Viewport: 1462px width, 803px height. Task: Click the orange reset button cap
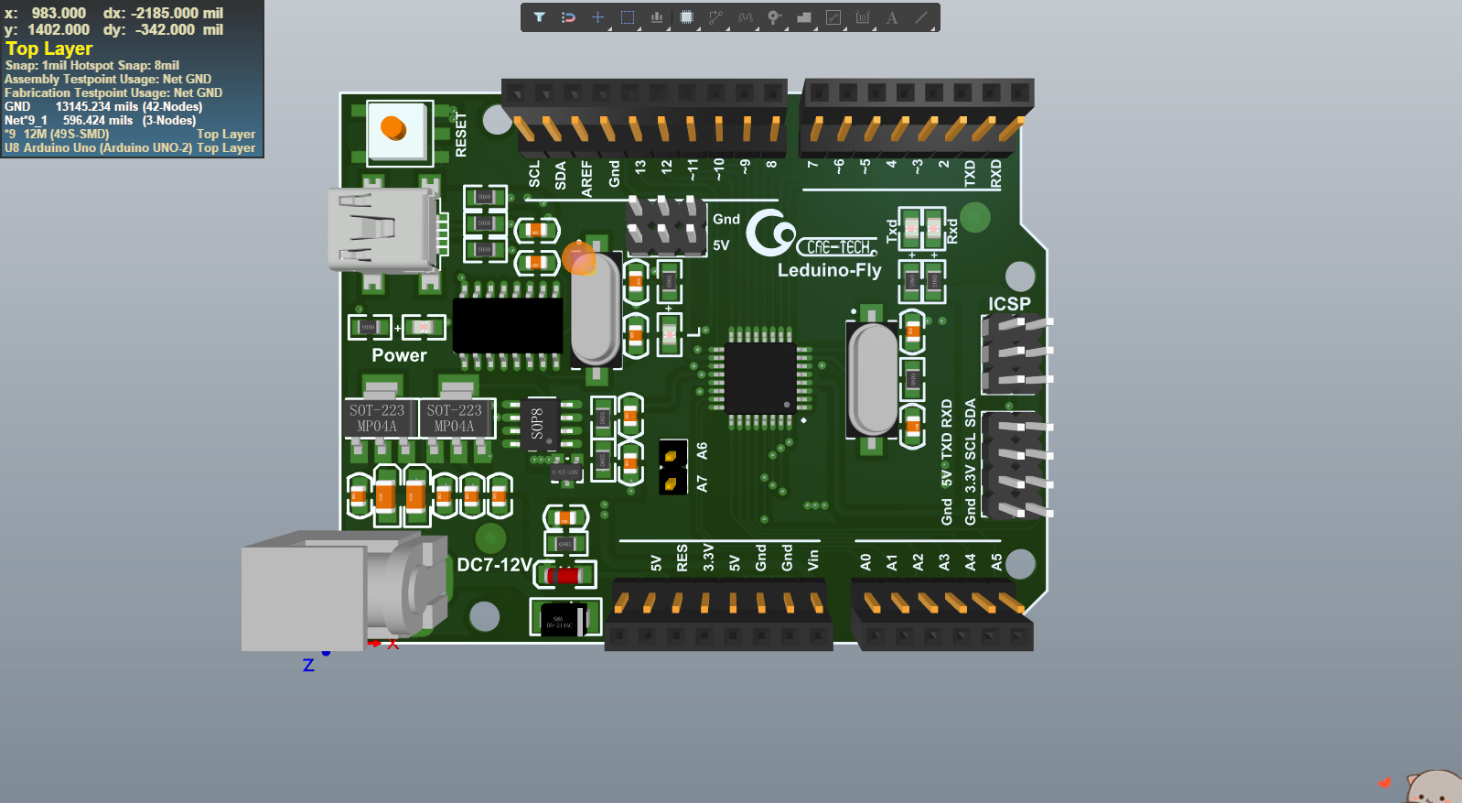[x=393, y=128]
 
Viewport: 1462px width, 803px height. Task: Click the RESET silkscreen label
[x=460, y=135]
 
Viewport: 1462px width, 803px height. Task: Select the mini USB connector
[x=382, y=230]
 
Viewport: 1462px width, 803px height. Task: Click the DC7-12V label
[x=494, y=565]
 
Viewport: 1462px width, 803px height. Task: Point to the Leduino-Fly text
[x=829, y=270]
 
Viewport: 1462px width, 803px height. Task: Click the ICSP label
[x=1008, y=303]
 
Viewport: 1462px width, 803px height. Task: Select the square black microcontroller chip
[x=760, y=377]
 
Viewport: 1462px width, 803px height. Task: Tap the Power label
[x=399, y=355]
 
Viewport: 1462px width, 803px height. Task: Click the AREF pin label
[x=586, y=179]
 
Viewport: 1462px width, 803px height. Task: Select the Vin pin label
[x=812, y=559]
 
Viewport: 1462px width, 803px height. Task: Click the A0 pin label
[x=865, y=561]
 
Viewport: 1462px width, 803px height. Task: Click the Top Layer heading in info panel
[x=48, y=49]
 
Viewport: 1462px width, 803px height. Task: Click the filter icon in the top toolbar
[x=539, y=17]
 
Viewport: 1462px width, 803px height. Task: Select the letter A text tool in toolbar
[x=891, y=17]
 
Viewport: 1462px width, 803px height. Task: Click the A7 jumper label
[x=702, y=483]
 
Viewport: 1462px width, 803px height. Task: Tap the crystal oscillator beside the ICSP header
[x=873, y=378]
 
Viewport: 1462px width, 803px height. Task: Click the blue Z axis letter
[x=308, y=666]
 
